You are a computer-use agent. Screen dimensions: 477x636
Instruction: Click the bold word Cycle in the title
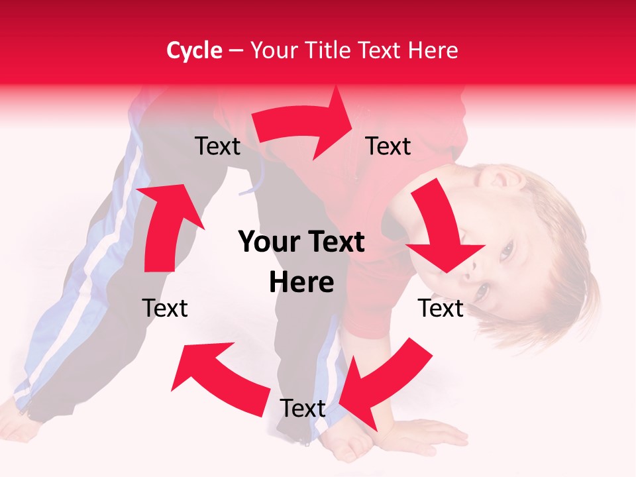(x=194, y=50)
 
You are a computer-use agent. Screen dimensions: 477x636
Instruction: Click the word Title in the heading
(x=329, y=50)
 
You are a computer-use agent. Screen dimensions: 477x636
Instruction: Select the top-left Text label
(x=217, y=146)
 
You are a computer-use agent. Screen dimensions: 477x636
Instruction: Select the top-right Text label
(x=388, y=146)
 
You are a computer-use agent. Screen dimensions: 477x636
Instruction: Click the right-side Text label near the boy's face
(x=441, y=309)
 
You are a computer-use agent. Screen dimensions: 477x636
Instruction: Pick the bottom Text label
(x=302, y=409)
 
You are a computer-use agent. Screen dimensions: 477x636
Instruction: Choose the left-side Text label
(x=165, y=309)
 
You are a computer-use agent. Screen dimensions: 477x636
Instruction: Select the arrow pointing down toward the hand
(x=378, y=384)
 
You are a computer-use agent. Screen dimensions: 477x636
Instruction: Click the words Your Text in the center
(x=301, y=242)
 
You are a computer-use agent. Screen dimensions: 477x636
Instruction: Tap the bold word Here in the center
(x=301, y=283)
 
